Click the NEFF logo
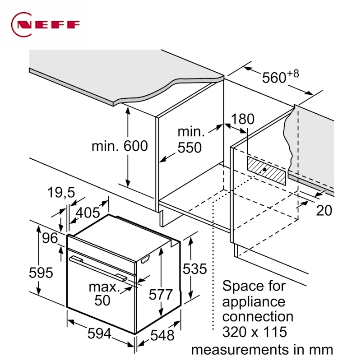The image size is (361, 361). [46, 24]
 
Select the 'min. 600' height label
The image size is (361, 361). [120, 146]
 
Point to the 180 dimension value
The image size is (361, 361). [242, 119]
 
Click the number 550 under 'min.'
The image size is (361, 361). [190, 148]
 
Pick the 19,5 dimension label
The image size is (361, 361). [61, 193]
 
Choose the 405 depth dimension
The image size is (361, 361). [88, 213]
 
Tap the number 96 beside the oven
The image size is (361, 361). [50, 238]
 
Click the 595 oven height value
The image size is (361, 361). [41, 273]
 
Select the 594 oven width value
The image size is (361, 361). [99, 333]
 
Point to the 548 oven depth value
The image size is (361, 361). [162, 335]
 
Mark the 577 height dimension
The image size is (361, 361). [161, 295]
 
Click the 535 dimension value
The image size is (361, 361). [195, 268]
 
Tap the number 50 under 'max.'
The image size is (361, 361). [102, 300]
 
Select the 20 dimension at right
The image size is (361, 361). [324, 210]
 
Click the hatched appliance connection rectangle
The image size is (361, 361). [266, 171]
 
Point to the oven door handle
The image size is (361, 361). [98, 268]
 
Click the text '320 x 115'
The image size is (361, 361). [255, 332]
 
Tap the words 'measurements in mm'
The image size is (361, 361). [262, 350]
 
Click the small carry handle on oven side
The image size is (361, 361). [145, 259]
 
